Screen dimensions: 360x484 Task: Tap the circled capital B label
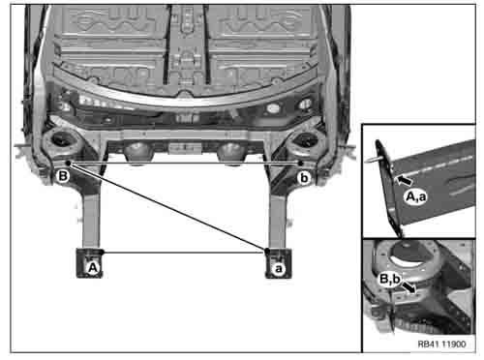63,176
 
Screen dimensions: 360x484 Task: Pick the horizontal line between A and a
184,253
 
